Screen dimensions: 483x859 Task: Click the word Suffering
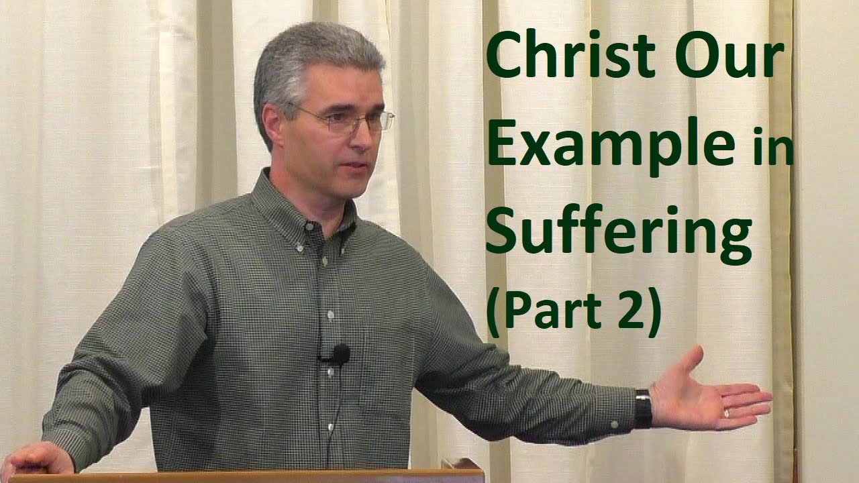point(618,231)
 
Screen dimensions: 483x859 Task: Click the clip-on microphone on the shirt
point(340,354)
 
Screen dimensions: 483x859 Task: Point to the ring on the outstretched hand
point(726,413)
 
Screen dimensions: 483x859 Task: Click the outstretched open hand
point(711,396)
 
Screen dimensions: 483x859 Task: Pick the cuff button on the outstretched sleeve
point(613,425)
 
